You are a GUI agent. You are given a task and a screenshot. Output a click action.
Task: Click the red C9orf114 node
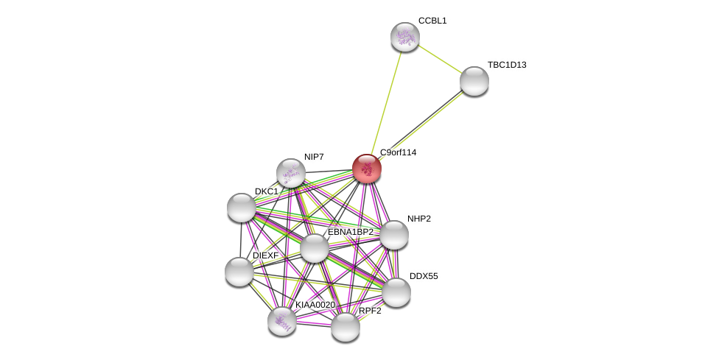[366, 169]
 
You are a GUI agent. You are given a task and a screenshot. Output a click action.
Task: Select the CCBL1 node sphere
[404, 37]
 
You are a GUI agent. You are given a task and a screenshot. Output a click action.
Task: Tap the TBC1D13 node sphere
[474, 81]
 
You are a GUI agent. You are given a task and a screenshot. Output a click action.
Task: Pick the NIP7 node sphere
[291, 173]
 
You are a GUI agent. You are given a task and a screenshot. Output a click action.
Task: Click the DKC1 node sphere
[242, 208]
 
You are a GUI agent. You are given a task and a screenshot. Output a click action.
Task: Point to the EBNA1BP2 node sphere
[315, 248]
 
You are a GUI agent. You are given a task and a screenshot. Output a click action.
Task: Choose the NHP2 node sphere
[393, 235]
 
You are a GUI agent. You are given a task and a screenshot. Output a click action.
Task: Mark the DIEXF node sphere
[239, 272]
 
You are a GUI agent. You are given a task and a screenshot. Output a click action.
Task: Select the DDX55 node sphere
[396, 292]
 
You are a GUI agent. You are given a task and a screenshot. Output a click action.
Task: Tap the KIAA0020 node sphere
[282, 321]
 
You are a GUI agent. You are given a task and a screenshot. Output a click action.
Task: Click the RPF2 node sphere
[345, 327]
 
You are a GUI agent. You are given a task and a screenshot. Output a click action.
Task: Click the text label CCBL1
[432, 21]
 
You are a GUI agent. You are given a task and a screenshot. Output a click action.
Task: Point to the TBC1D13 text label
[507, 65]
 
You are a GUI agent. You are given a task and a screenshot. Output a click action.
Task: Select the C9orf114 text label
[398, 152]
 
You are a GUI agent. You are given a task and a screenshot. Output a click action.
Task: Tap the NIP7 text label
[314, 157]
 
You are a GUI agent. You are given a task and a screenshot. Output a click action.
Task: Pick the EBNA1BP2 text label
[350, 232]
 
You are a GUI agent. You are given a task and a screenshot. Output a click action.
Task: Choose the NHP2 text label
[419, 219]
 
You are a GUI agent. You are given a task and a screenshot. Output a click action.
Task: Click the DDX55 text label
[424, 276]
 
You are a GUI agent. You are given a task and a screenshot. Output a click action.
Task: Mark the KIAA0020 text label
[315, 305]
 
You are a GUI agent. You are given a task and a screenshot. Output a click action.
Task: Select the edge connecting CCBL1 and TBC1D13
[439, 59]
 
